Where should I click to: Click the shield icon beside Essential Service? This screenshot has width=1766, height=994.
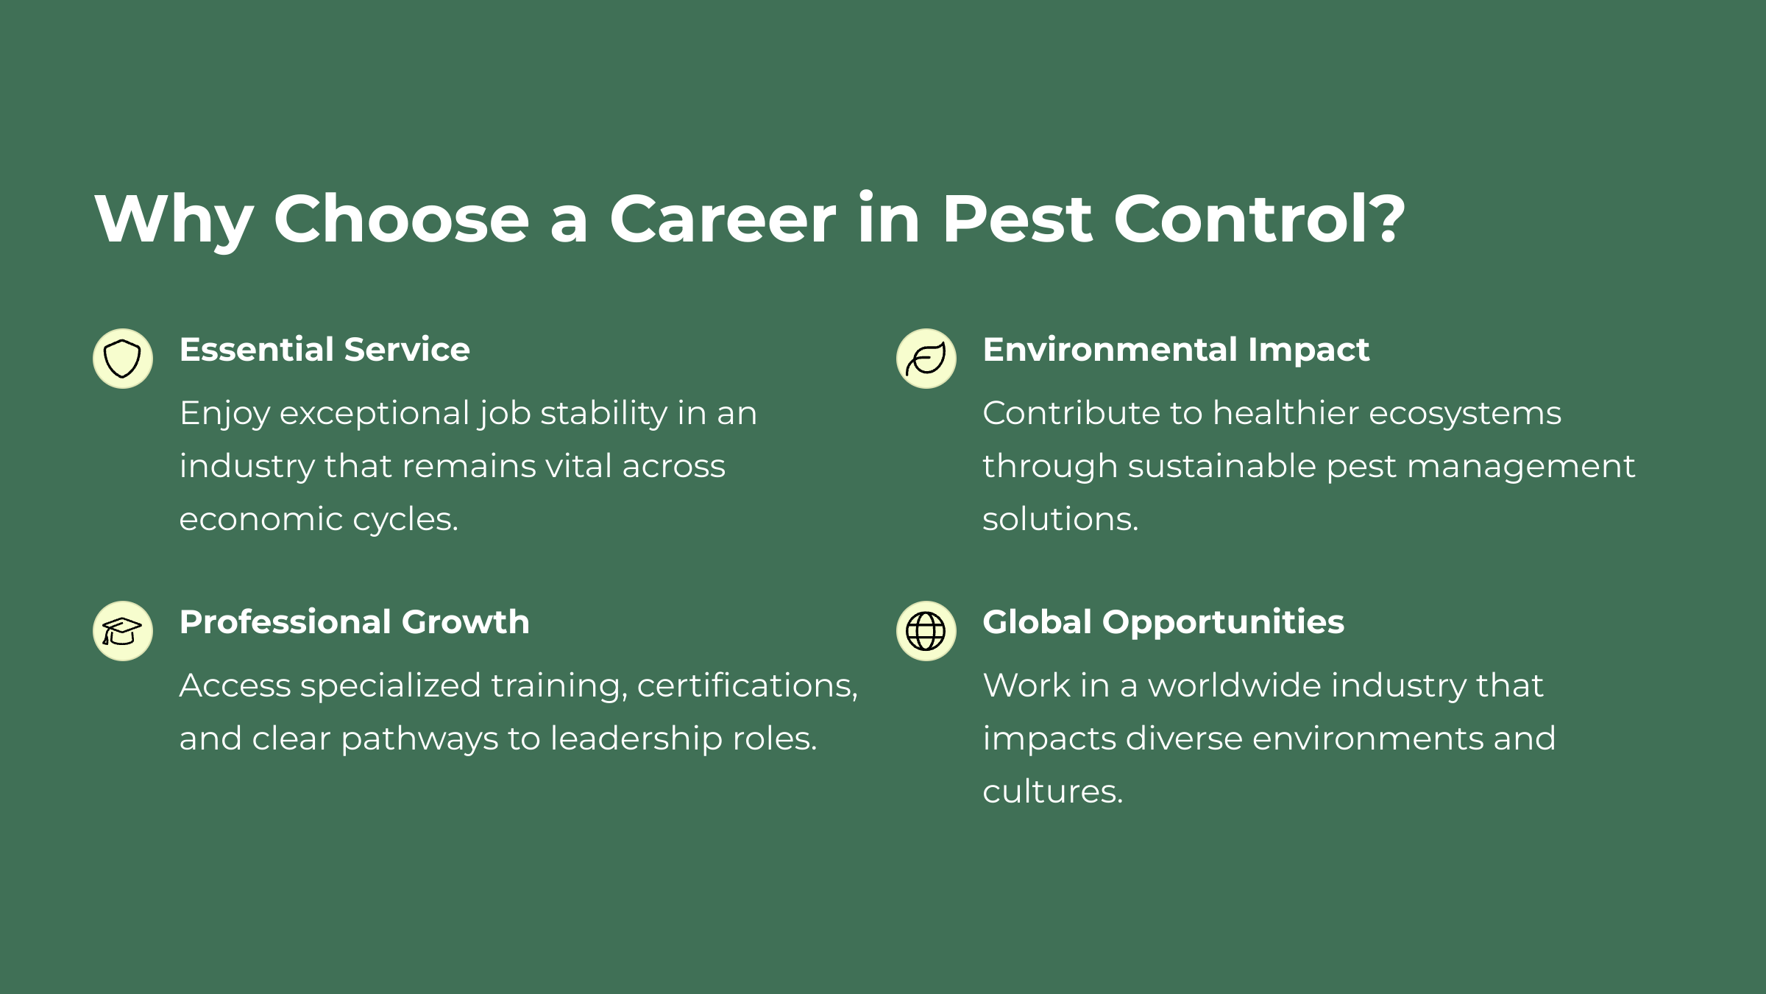123,359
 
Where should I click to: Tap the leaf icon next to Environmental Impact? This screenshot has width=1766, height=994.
926,359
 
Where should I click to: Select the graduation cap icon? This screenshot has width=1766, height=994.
123,631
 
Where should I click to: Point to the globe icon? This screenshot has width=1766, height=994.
926,631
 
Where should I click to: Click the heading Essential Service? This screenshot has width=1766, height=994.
325,349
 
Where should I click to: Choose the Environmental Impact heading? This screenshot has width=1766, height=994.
1176,350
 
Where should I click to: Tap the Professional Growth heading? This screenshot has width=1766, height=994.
355,622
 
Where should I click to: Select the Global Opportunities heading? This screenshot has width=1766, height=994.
1163,623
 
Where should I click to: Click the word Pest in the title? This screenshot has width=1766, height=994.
1017,219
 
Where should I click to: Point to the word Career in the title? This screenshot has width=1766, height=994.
723,219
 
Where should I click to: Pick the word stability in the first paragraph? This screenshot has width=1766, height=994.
603,414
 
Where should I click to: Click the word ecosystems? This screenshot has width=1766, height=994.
1465,414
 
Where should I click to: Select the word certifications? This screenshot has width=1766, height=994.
748,686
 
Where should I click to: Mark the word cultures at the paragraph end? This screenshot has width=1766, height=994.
1053,792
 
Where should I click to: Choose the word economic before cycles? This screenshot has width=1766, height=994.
261,520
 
